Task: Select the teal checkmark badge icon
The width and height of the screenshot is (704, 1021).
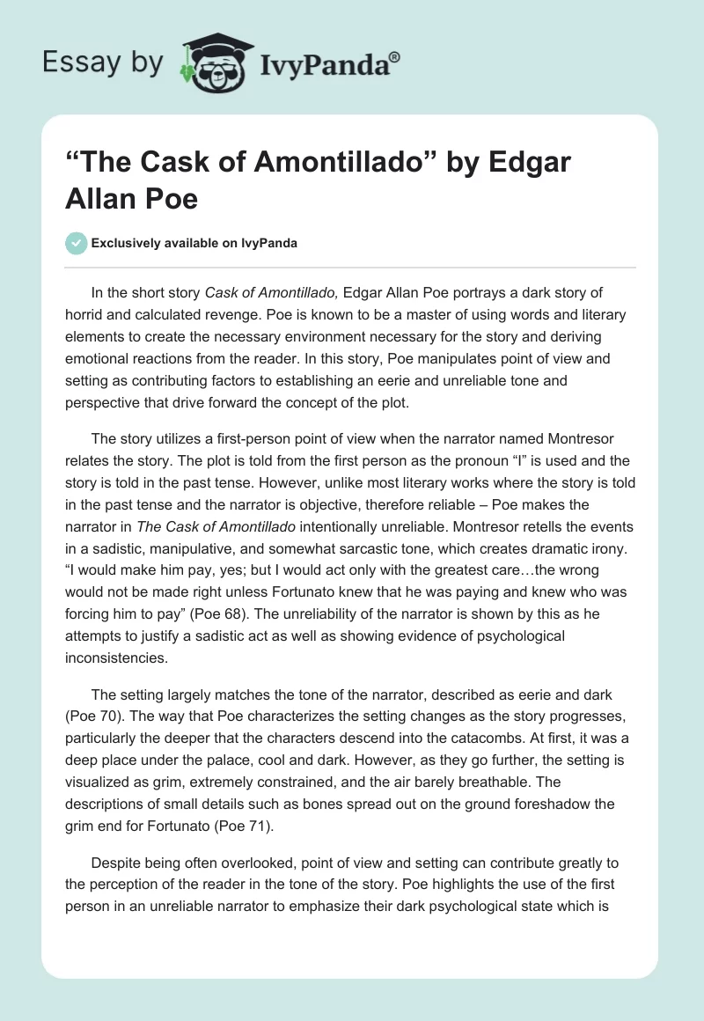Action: pos(76,243)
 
